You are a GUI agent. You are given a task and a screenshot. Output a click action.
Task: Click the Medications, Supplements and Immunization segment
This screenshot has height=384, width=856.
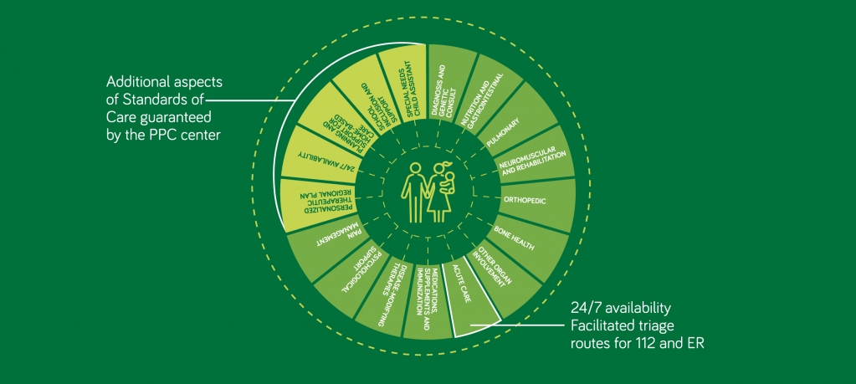[428, 298]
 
